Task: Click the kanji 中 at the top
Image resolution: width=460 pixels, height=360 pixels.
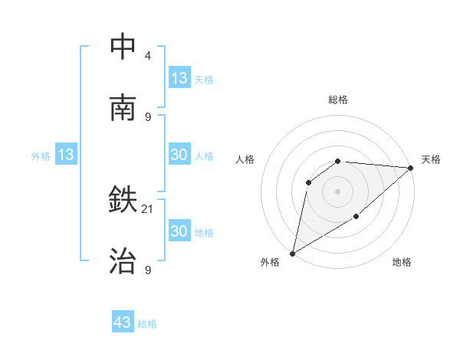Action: pyautogui.click(x=123, y=47)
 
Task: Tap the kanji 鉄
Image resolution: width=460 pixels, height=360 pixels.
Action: pyautogui.click(x=123, y=201)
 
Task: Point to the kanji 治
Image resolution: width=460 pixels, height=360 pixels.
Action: pyautogui.click(x=123, y=261)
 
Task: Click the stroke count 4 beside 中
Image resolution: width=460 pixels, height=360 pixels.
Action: pyautogui.click(x=148, y=56)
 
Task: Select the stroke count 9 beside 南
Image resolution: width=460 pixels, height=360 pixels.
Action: pyautogui.click(x=148, y=116)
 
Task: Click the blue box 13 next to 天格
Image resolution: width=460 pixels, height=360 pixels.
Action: pyautogui.click(x=179, y=78)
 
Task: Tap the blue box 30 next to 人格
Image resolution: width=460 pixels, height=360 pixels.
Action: pyautogui.click(x=179, y=155)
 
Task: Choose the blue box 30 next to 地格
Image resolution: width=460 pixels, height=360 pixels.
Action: pyautogui.click(x=179, y=231)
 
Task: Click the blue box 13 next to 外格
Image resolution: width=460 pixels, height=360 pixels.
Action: pyautogui.click(x=66, y=155)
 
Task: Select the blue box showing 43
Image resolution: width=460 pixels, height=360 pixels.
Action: pyautogui.click(x=123, y=322)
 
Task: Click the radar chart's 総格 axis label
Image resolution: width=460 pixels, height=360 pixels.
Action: pyautogui.click(x=338, y=100)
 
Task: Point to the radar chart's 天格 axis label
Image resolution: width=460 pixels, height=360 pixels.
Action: pyautogui.click(x=432, y=159)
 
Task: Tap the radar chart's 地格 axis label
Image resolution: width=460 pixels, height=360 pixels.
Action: pyautogui.click(x=402, y=262)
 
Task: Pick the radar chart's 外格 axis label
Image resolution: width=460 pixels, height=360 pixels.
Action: pyautogui.click(x=270, y=262)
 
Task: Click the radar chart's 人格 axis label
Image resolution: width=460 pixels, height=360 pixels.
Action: pyautogui.click(x=245, y=159)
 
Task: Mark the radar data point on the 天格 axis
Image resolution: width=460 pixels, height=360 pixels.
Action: pyautogui.click(x=411, y=168)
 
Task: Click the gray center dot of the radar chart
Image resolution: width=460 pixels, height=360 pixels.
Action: pyautogui.click(x=337, y=191)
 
